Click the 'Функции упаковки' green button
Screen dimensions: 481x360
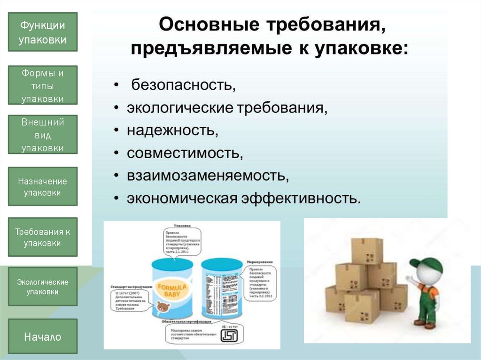(x=43, y=32)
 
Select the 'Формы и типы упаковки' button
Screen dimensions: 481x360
(x=43, y=85)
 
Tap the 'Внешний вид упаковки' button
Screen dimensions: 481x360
(x=43, y=135)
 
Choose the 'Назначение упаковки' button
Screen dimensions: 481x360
(x=43, y=186)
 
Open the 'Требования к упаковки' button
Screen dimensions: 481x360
(x=43, y=237)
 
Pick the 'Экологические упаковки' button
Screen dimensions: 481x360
(x=43, y=286)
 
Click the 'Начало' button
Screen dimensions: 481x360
(x=43, y=336)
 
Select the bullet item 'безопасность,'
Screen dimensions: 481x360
(x=183, y=86)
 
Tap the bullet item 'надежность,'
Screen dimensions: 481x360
(x=172, y=130)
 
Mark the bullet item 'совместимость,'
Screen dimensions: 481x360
(x=185, y=153)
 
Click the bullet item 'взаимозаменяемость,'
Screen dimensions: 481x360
(x=207, y=175)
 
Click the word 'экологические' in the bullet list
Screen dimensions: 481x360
(x=179, y=108)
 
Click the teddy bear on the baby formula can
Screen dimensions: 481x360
(x=163, y=308)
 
